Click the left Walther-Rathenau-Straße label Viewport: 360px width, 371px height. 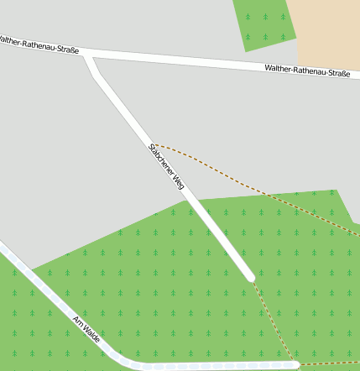(x=39, y=44)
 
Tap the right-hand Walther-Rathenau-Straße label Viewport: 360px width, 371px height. (x=306, y=72)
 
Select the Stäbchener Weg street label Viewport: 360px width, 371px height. (x=166, y=166)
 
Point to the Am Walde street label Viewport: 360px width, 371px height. (x=87, y=329)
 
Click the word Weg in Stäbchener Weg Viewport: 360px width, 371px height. (x=178, y=181)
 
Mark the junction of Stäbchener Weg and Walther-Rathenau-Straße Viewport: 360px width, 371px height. (x=89, y=56)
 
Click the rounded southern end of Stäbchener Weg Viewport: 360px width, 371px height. (x=249, y=275)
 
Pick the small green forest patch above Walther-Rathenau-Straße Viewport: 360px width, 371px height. (x=264, y=24)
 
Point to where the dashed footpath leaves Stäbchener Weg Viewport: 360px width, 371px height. (x=154, y=144)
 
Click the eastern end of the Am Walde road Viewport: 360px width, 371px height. (x=295, y=365)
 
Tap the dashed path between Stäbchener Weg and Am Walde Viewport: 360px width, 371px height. (x=274, y=322)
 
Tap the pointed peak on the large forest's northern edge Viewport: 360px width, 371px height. (x=337, y=191)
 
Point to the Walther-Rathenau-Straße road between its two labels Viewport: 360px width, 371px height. (x=176, y=60)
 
